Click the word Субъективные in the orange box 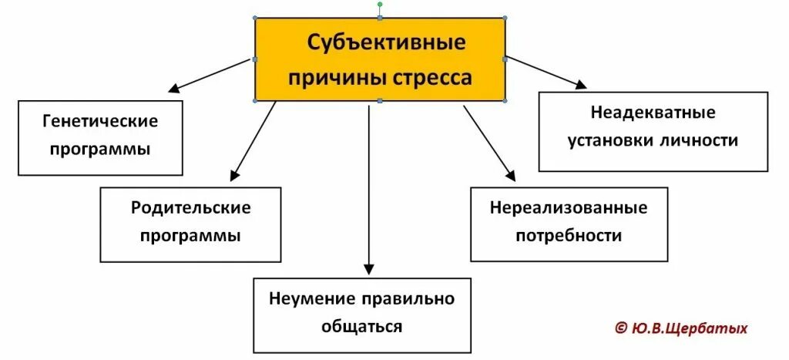[x=387, y=42]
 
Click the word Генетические [x=100, y=121]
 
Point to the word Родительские [x=190, y=207]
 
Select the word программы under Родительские [x=190, y=235]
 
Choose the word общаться [x=361, y=326]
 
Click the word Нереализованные [x=569, y=207]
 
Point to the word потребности [x=569, y=235]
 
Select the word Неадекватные [x=653, y=113]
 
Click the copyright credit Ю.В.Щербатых [x=688, y=328]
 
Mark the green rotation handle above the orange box [x=380, y=5]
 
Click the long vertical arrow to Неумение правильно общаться [x=369, y=185]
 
